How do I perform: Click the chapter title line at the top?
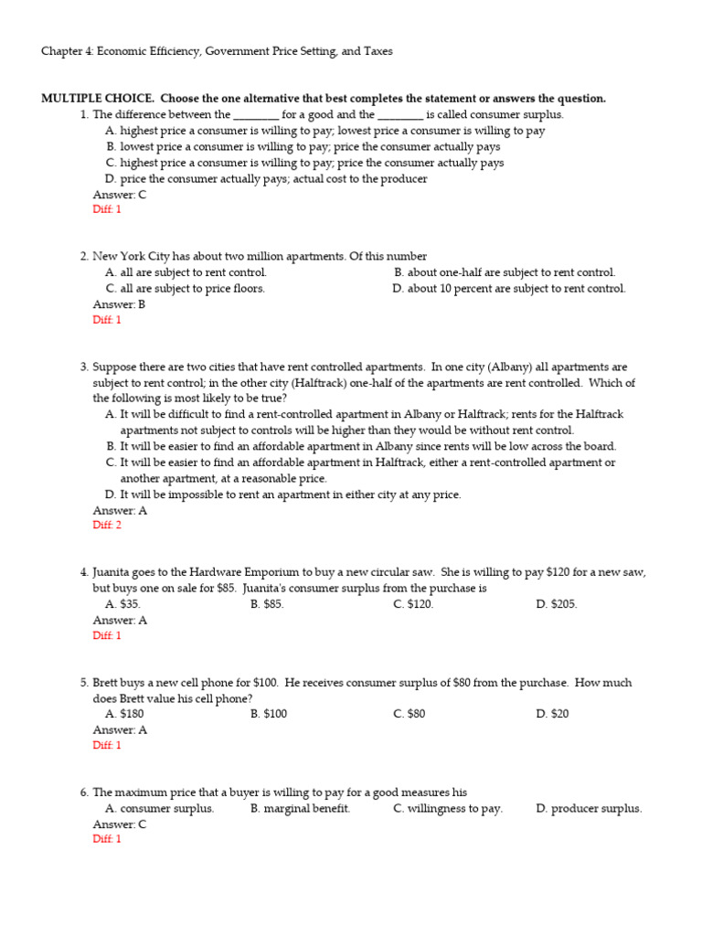point(217,52)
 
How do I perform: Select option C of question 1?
point(304,163)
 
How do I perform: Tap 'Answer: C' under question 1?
point(119,195)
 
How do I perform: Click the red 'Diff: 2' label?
point(107,526)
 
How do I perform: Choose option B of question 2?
point(505,272)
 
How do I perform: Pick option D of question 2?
point(509,289)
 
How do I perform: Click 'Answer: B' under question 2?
point(119,304)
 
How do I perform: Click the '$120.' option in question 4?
point(414,604)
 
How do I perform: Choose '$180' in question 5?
point(125,714)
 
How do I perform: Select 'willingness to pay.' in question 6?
point(448,808)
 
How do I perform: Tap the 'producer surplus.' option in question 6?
point(589,808)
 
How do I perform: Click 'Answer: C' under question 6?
point(119,824)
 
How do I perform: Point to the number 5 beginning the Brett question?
point(84,683)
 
